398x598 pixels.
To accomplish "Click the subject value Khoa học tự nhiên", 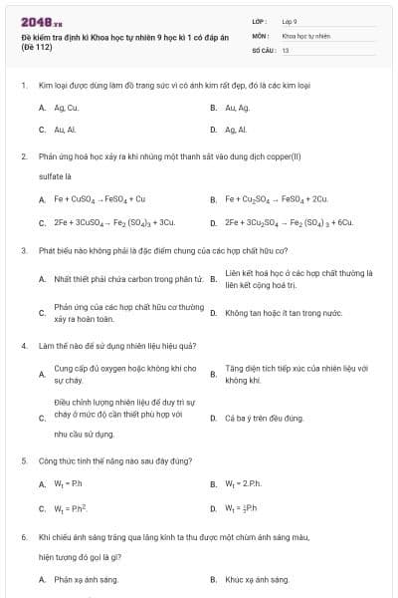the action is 305,35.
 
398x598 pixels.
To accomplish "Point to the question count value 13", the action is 286,49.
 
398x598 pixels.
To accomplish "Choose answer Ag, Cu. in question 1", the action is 66,107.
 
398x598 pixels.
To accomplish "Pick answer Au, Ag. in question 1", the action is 237,107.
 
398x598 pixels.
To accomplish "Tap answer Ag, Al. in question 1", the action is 236,130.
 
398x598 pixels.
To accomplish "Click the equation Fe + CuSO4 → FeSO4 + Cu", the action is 99,198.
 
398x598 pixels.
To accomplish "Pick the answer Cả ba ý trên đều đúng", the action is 264,419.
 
